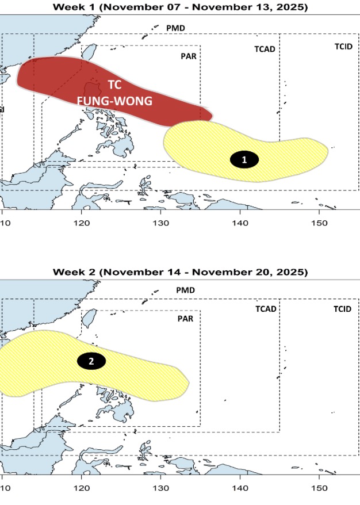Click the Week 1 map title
click(x=180, y=7)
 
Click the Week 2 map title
click(x=180, y=271)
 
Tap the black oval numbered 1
click(x=244, y=160)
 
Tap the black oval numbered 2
click(x=91, y=361)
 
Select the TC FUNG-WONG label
click(x=114, y=93)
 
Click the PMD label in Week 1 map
click(x=175, y=28)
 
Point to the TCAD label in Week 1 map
click(x=265, y=49)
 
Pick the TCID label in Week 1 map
click(x=343, y=46)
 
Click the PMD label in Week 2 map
click(x=185, y=290)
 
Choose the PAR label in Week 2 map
click(x=185, y=318)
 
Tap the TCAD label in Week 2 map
click(x=266, y=309)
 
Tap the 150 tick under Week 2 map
click(x=319, y=488)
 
